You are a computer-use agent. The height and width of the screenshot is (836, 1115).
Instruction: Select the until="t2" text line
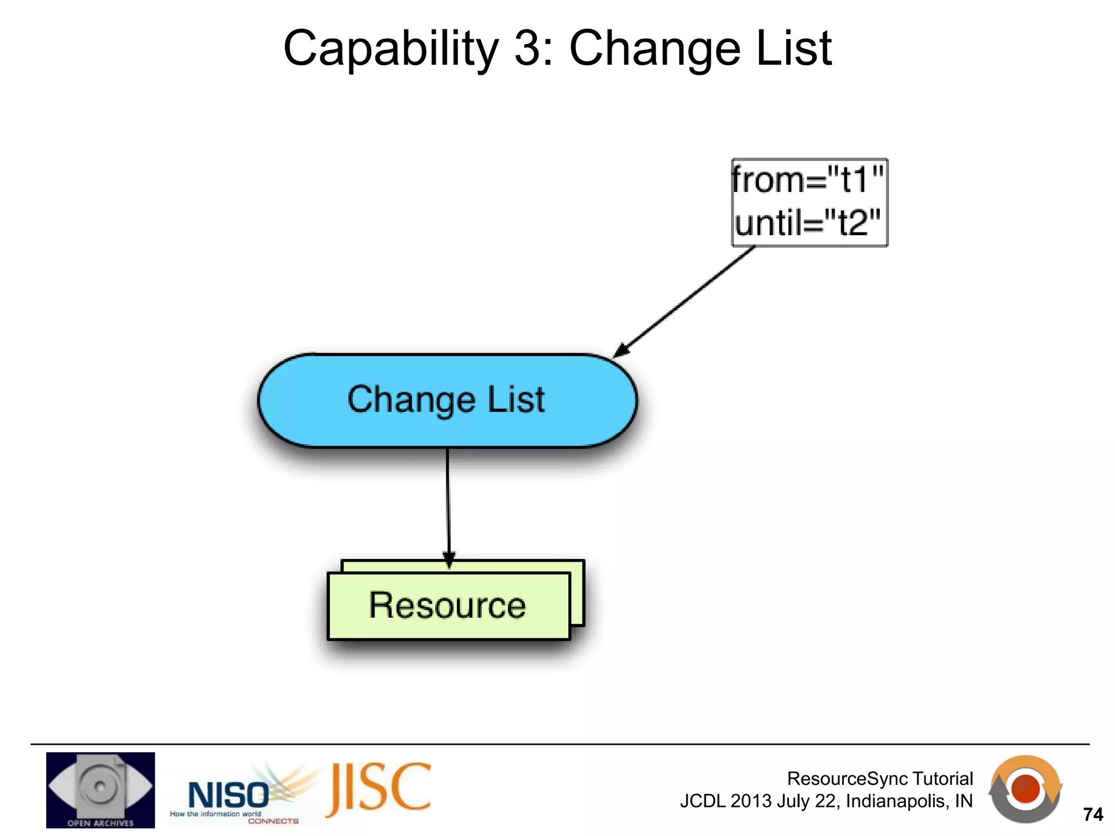coord(807,223)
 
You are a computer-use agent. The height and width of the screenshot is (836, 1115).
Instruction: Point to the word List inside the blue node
coord(516,400)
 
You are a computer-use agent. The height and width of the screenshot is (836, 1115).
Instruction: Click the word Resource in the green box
coord(448,605)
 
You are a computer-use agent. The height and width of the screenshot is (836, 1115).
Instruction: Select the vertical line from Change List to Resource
coord(448,501)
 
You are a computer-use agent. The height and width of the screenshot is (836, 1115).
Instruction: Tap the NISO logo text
coord(228,795)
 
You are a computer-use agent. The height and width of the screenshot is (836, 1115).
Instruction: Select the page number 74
coord(1093,815)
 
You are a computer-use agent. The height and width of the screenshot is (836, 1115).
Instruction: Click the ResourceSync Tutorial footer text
coord(879,779)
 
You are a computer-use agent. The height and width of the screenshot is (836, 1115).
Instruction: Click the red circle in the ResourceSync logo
coord(1025,789)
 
